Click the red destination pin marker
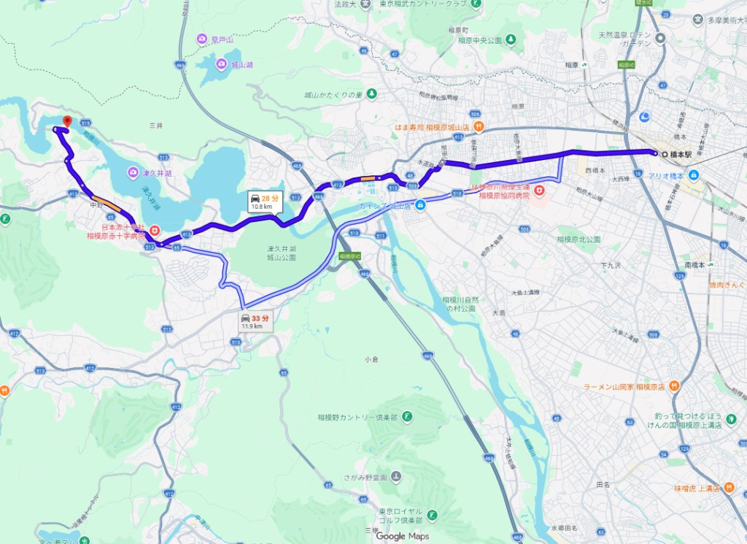point(67,122)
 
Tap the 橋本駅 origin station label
point(681,154)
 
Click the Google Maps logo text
point(403,536)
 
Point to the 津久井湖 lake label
point(158,173)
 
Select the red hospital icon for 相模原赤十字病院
point(154,231)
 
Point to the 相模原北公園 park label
point(578,239)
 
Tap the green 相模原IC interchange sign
point(350,257)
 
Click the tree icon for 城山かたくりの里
point(371,94)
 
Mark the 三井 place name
point(155,126)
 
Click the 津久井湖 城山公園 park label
point(282,253)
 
